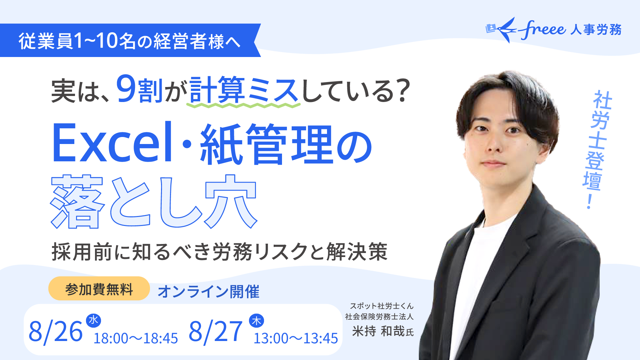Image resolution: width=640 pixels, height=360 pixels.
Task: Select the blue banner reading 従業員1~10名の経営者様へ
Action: (130, 40)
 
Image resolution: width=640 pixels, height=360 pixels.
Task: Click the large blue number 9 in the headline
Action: (126, 88)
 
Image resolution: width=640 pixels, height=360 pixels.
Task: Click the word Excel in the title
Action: (112, 143)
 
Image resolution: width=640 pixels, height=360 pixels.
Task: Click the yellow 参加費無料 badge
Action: (99, 289)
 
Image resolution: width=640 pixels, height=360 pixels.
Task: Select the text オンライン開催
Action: (208, 292)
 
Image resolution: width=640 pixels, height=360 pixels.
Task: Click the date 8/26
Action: (55, 332)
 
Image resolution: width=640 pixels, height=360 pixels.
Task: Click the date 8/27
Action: (215, 332)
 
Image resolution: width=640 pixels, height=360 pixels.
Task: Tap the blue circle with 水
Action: (93, 321)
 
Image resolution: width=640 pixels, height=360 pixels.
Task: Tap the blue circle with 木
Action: (256, 321)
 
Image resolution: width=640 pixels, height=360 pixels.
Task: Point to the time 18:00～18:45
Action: (136, 338)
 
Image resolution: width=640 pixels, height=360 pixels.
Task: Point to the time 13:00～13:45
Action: (296, 338)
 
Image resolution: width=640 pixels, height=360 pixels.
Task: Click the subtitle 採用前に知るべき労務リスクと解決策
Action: (220, 252)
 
